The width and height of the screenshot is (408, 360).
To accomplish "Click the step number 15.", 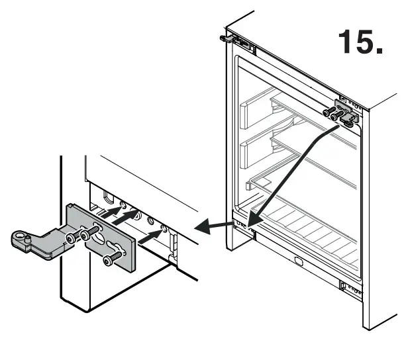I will (360, 42).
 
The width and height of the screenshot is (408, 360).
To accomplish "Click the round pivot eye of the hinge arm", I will (20, 236).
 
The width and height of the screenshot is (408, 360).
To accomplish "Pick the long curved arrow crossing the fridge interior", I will (291, 172).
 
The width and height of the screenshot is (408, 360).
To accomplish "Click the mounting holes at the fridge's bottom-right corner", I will (351, 287).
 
